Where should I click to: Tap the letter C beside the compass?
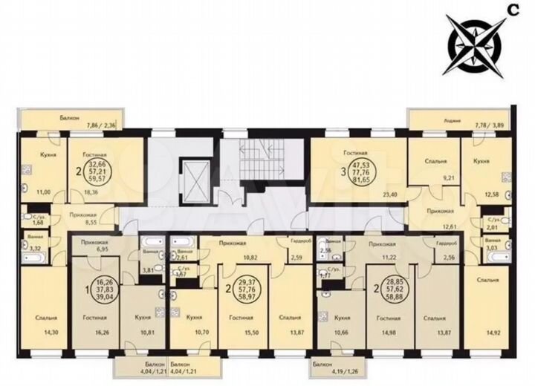click(x=513, y=9)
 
